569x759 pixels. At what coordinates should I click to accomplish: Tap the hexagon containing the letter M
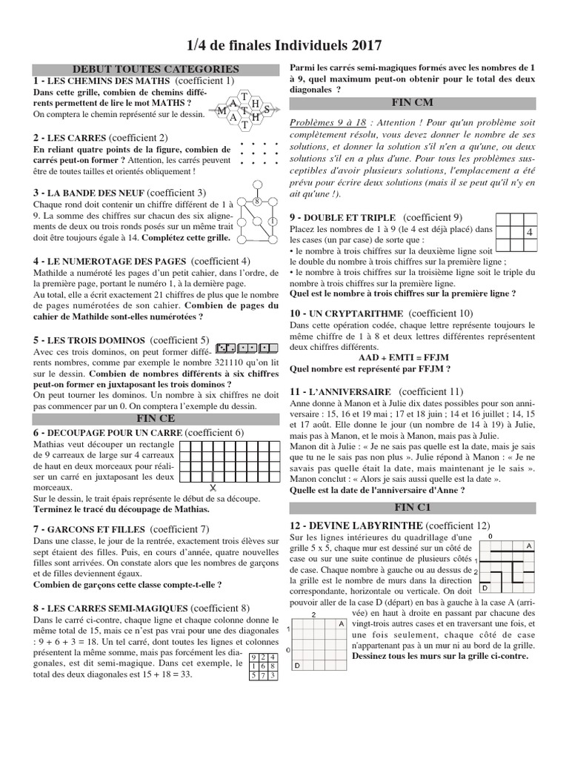tap(222, 111)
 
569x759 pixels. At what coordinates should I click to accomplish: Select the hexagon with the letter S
tap(267, 110)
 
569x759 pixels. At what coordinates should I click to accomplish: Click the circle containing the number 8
tap(256, 202)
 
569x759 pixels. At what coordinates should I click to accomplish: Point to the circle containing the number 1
tap(273, 221)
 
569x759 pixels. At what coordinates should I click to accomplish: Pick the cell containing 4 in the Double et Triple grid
tap(529, 232)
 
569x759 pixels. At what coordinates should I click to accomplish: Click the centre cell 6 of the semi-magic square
tap(264, 666)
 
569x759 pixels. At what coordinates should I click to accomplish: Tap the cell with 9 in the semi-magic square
tap(255, 657)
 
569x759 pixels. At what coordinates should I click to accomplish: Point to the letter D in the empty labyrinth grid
tap(297, 666)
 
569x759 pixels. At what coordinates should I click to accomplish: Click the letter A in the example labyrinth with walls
tap(529, 546)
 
